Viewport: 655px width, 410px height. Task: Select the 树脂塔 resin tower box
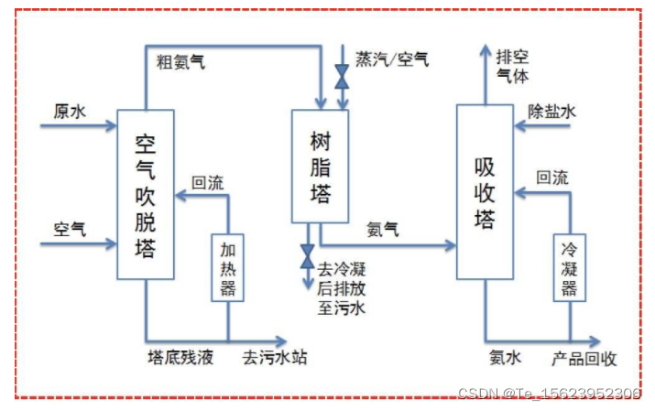click(320, 166)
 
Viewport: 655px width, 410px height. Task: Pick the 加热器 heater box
click(228, 265)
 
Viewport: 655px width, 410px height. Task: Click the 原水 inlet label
click(69, 112)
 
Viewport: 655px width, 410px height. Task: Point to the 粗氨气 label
click(179, 62)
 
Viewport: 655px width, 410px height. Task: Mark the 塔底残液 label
click(180, 357)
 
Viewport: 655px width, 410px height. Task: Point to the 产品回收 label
click(582, 357)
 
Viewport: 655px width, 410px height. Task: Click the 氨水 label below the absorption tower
click(505, 357)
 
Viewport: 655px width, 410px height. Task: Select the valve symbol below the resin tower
click(307, 255)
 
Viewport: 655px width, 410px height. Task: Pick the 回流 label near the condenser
click(552, 178)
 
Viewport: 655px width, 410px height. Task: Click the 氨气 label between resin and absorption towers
click(382, 230)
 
